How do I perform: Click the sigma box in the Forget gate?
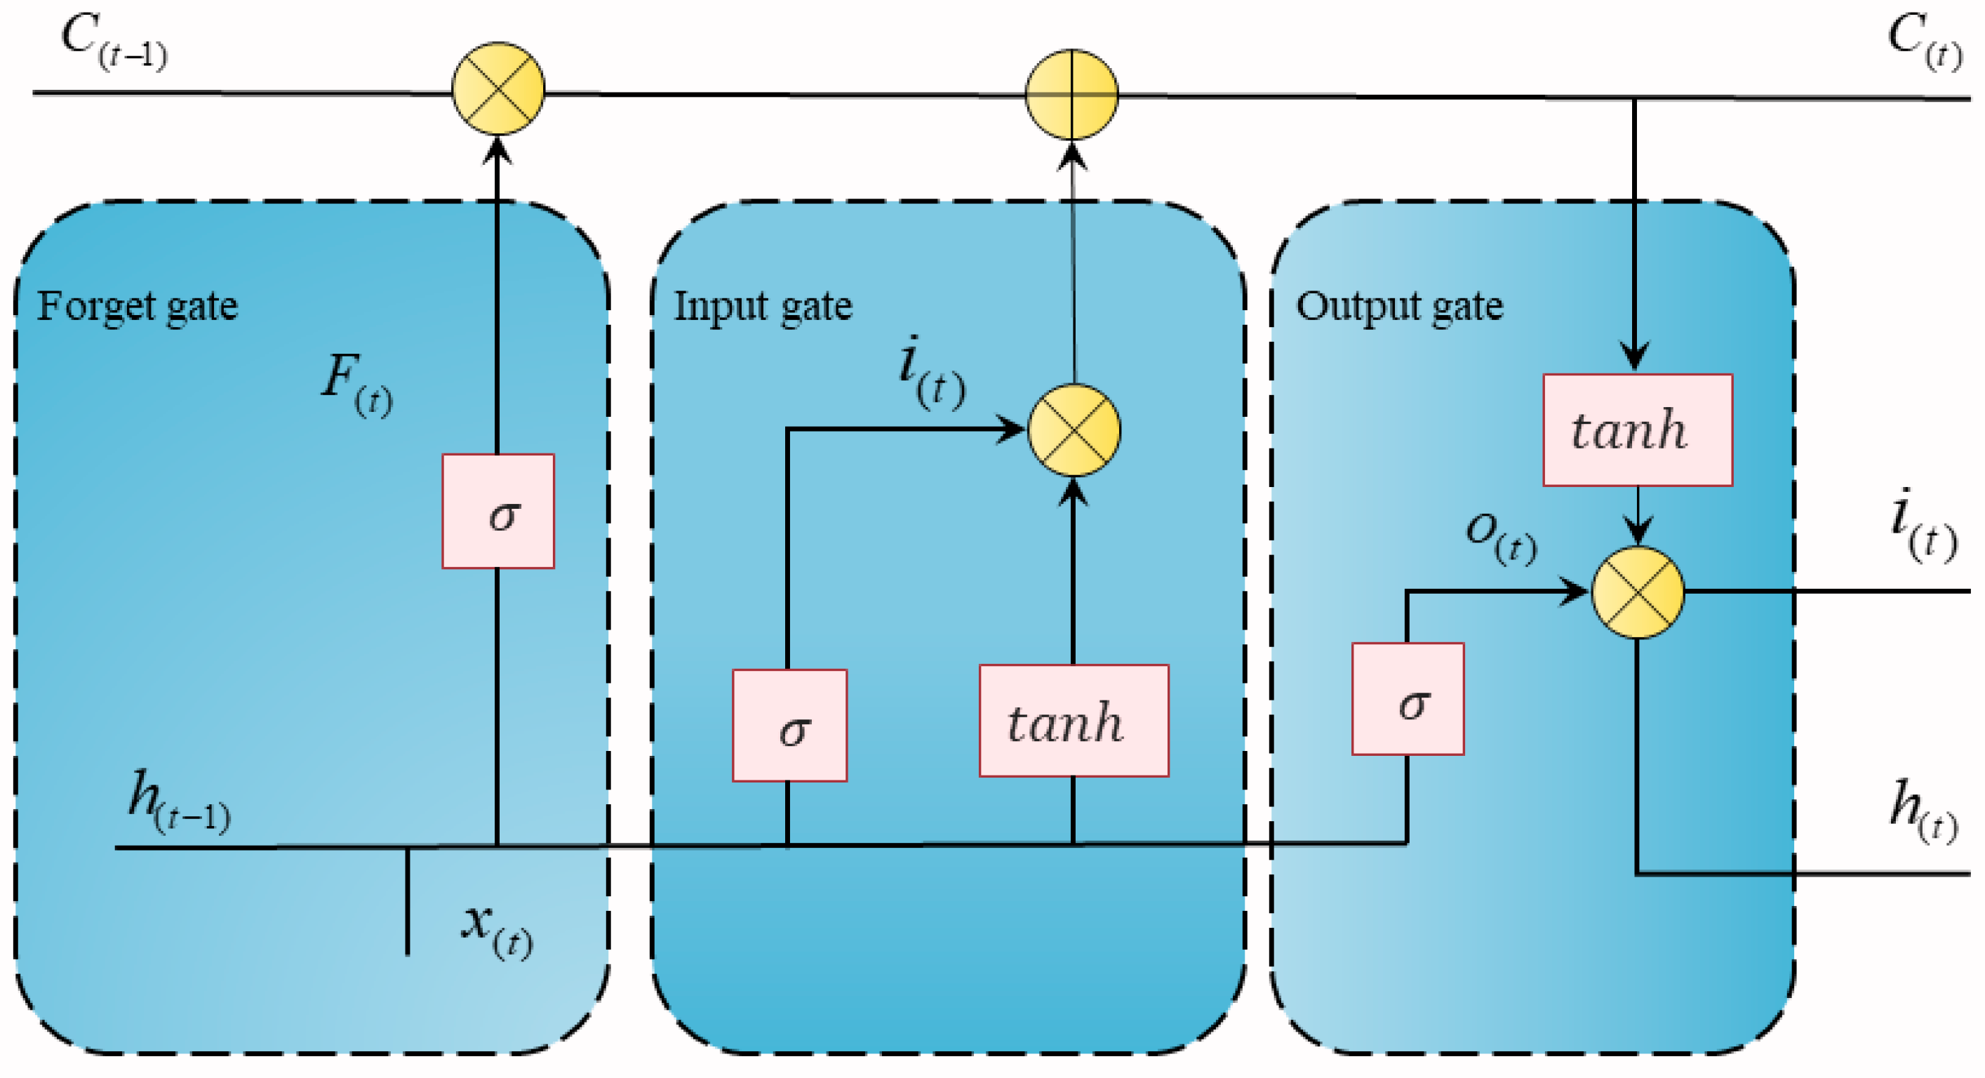tap(497, 511)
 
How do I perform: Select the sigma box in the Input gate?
tap(789, 725)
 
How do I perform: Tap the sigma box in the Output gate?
tap(1407, 699)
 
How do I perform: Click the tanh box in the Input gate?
tap(1073, 721)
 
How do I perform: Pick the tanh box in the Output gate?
tap(1637, 430)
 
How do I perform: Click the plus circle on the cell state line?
tap(1071, 94)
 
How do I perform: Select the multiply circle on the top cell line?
tap(497, 88)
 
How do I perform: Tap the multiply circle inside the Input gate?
tap(1074, 430)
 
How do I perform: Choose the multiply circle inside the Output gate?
tap(1637, 592)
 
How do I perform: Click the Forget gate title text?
tap(137, 307)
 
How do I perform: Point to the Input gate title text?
tap(763, 307)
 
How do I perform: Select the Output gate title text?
tap(1398, 307)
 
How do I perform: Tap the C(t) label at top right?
tap(1923, 42)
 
